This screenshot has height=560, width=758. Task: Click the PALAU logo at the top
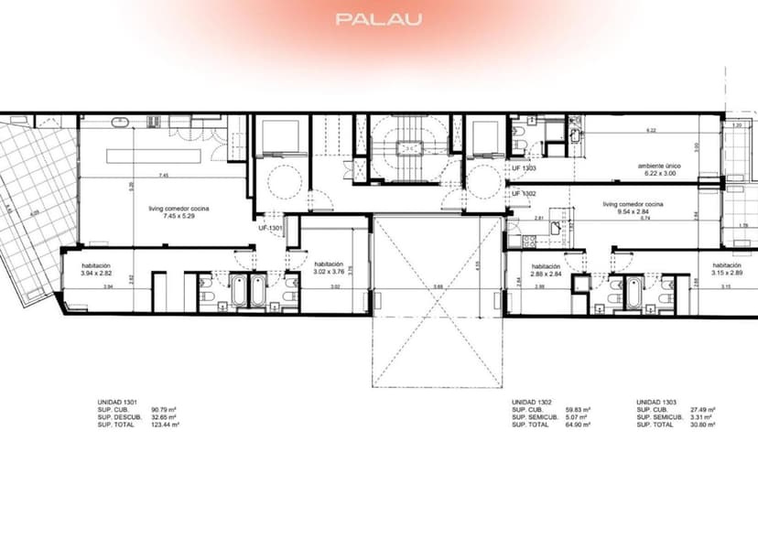click(x=378, y=18)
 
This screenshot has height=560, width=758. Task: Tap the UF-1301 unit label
click(x=271, y=228)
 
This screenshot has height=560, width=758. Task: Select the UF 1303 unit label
click(x=524, y=168)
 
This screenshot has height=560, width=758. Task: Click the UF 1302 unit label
click(x=524, y=193)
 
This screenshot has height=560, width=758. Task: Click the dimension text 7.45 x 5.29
click(x=179, y=215)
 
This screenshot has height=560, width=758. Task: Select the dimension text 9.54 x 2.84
click(x=633, y=210)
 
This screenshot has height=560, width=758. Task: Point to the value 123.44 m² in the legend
click(x=166, y=425)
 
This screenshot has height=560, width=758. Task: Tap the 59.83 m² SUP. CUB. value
click(x=578, y=410)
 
